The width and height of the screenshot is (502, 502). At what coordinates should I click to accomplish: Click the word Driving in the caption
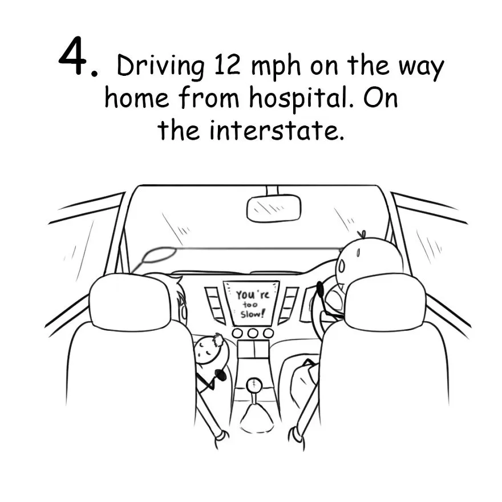[161, 67]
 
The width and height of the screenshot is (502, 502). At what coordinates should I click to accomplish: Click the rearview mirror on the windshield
[274, 208]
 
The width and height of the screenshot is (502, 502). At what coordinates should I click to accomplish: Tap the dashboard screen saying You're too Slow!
[252, 303]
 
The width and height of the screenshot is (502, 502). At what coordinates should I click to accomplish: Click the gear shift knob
[254, 383]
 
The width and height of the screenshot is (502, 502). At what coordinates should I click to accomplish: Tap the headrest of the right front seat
[386, 302]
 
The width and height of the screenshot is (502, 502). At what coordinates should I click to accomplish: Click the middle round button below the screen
[253, 333]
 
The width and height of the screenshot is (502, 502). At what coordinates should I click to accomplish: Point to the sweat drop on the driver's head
[341, 265]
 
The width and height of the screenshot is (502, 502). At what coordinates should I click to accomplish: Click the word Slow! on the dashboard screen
[253, 314]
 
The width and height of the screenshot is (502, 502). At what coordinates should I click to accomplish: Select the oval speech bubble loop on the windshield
[159, 255]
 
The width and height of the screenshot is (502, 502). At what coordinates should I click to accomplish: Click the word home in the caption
[137, 98]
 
